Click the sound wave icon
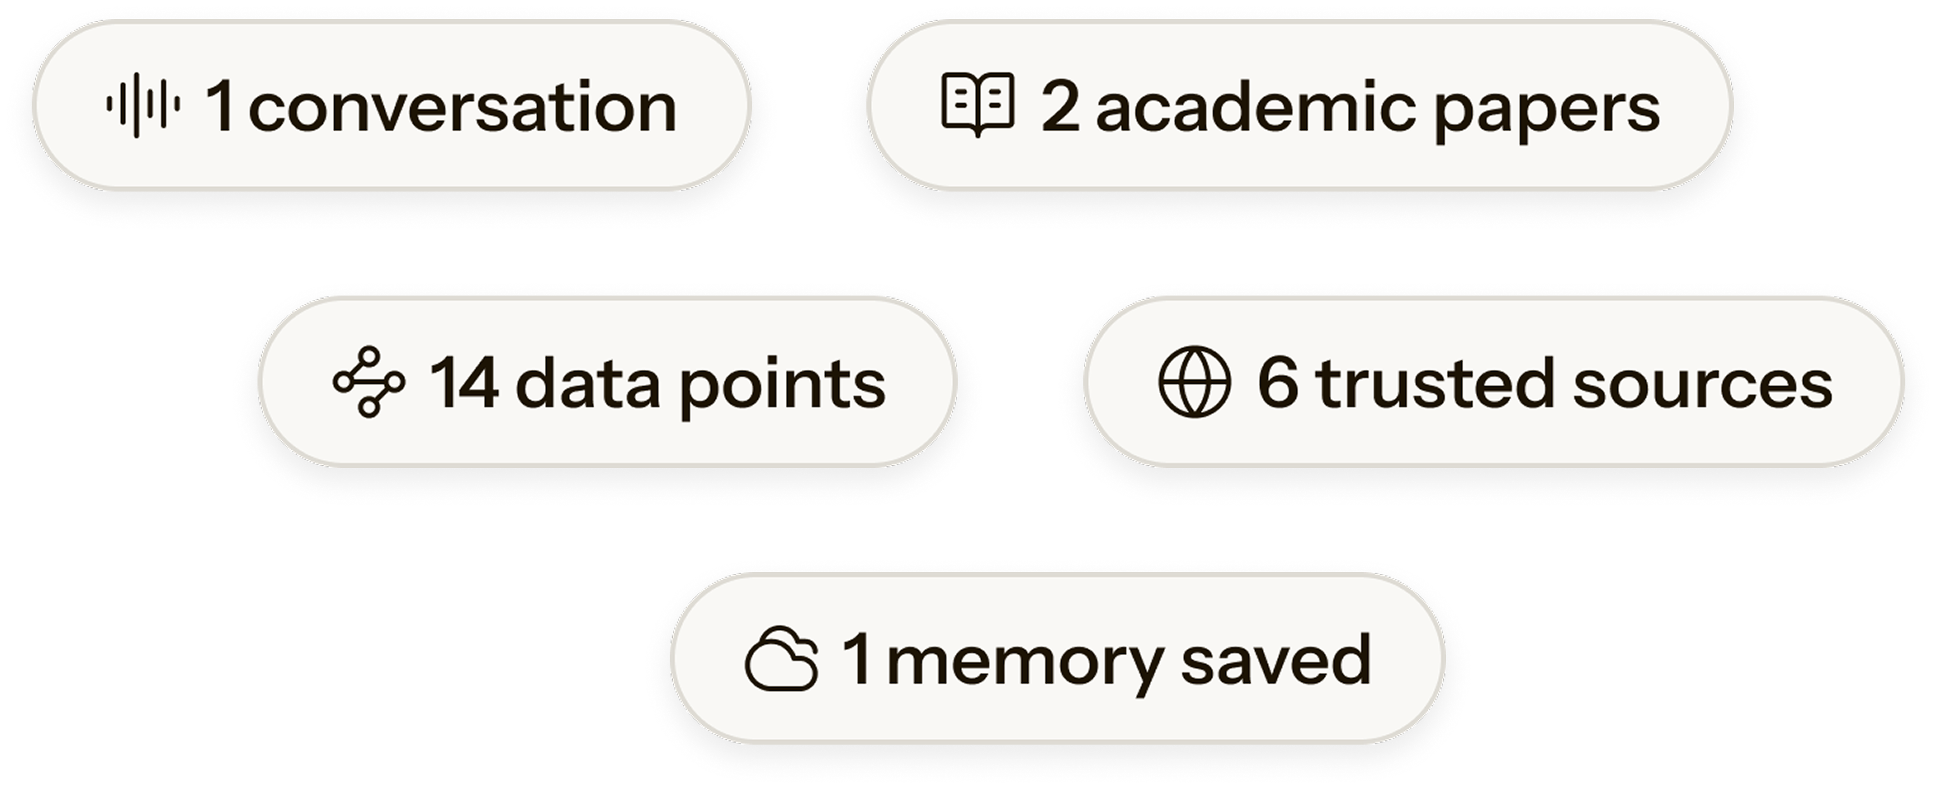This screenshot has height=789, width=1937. tap(143, 105)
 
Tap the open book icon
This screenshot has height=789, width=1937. tap(977, 105)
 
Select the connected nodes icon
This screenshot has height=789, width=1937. tap(368, 382)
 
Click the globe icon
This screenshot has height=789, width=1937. tap(1194, 382)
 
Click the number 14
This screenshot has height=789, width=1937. tap(464, 384)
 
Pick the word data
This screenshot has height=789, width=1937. tap(588, 384)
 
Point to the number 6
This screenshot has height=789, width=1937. tap(1277, 384)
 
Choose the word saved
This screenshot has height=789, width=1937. tap(1275, 659)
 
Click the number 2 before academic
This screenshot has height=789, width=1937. tap(1060, 108)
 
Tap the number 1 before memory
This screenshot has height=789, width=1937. tap(858, 659)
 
